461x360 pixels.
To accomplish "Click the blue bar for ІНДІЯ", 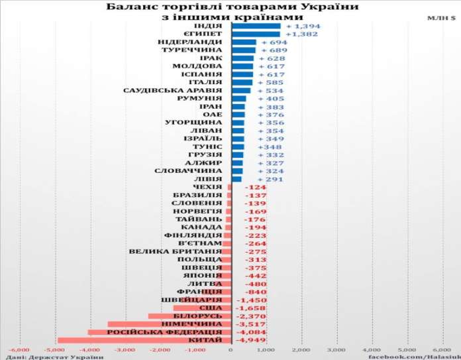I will pyautogui.click(x=256, y=25).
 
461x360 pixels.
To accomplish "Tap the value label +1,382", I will pyautogui.click(x=297, y=34).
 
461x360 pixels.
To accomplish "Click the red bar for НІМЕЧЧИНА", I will pyautogui.click(x=169, y=324).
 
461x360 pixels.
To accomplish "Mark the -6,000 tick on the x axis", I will pyautogui.click(x=18, y=349).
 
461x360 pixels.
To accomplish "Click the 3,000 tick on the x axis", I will pyautogui.click(x=336, y=349).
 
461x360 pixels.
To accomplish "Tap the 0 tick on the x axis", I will pyautogui.click(x=230, y=349).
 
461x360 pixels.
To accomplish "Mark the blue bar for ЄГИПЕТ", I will pyautogui.click(x=255, y=34).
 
